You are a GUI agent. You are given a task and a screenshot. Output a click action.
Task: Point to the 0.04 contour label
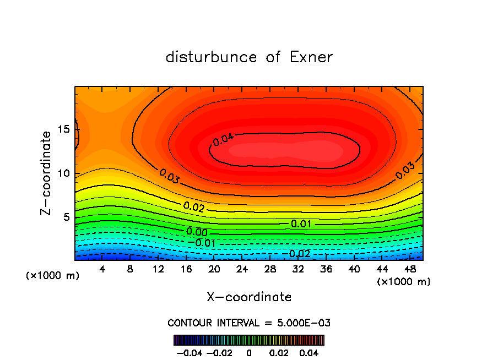(223, 139)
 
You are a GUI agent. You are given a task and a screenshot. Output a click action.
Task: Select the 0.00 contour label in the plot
(197, 232)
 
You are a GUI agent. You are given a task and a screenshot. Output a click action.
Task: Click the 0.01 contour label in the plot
(301, 224)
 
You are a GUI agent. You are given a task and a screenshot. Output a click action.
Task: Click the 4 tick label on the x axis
(102, 270)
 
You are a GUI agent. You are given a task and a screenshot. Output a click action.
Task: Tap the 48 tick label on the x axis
(409, 270)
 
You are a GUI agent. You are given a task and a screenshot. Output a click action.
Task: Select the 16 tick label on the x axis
(186, 270)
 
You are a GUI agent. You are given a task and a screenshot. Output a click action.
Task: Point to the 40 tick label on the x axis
(354, 270)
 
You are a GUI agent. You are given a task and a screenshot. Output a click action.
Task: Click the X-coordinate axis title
(249, 297)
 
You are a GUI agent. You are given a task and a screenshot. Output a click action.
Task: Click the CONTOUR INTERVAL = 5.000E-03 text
(249, 323)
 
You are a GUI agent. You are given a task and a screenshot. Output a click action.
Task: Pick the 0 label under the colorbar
(249, 352)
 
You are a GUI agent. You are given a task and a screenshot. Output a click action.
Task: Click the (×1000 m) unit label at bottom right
(403, 281)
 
